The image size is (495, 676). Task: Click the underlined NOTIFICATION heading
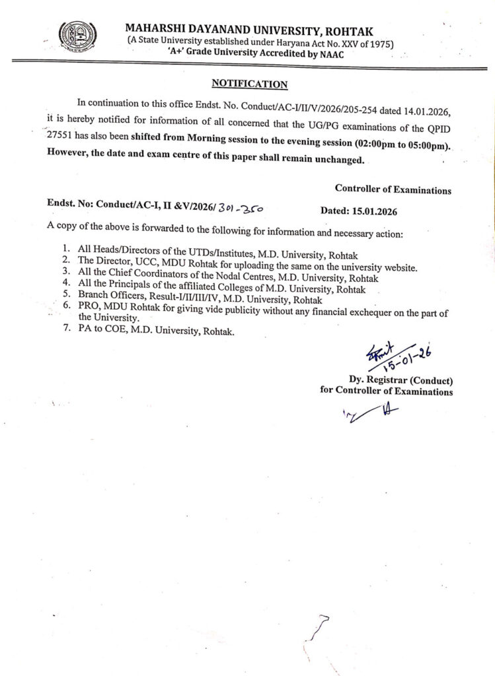pos(249,84)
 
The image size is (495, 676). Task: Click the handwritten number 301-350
pos(241,209)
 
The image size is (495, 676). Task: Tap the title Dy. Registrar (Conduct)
pos(401,380)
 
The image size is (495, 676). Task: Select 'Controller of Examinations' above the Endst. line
pos(393,189)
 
